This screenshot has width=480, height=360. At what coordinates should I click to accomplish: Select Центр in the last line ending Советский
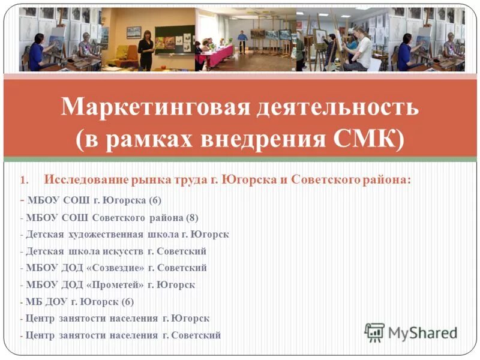[x=41, y=335]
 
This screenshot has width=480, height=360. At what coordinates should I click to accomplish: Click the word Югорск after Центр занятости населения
[x=190, y=319]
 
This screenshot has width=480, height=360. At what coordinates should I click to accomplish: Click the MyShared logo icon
[x=374, y=332]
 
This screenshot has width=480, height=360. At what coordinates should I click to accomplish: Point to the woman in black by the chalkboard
[x=146, y=51]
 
